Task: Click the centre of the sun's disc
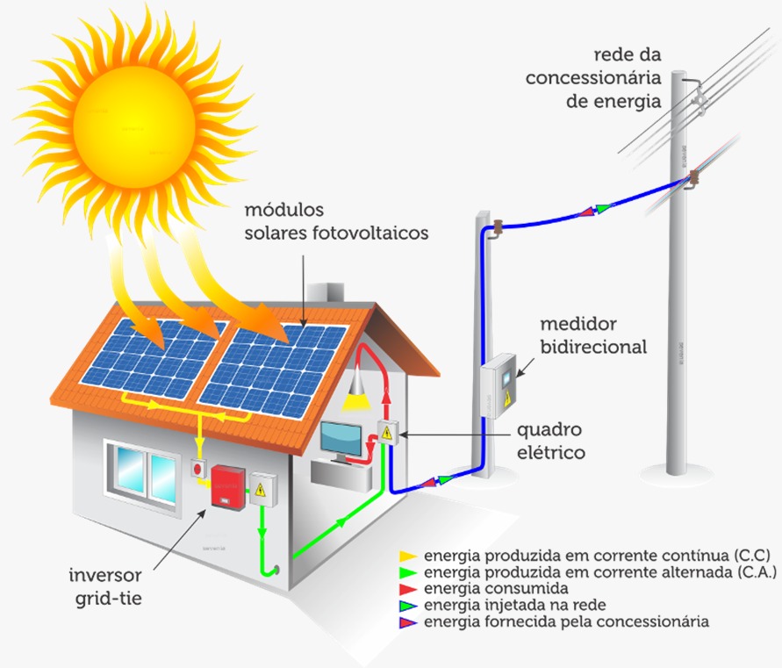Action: point(133,126)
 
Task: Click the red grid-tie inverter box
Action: point(228,487)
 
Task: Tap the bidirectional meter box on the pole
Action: point(498,386)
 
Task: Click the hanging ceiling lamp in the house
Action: point(357,391)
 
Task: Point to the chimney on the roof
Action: point(325,292)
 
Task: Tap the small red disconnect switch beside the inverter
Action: point(198,469)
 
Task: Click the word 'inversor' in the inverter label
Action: point(105,575)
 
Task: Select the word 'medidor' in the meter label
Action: point(578,324)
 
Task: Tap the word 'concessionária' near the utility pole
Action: point(593,78)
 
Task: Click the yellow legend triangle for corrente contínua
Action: point(408,556)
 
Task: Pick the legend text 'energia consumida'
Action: point(496,588)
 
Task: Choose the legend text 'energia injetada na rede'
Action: point(514,605)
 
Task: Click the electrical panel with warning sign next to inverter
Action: point(263,490)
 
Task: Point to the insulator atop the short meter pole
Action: point(498,227)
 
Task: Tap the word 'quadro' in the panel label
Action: point(549,431)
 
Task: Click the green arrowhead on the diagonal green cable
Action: point(341,521)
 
